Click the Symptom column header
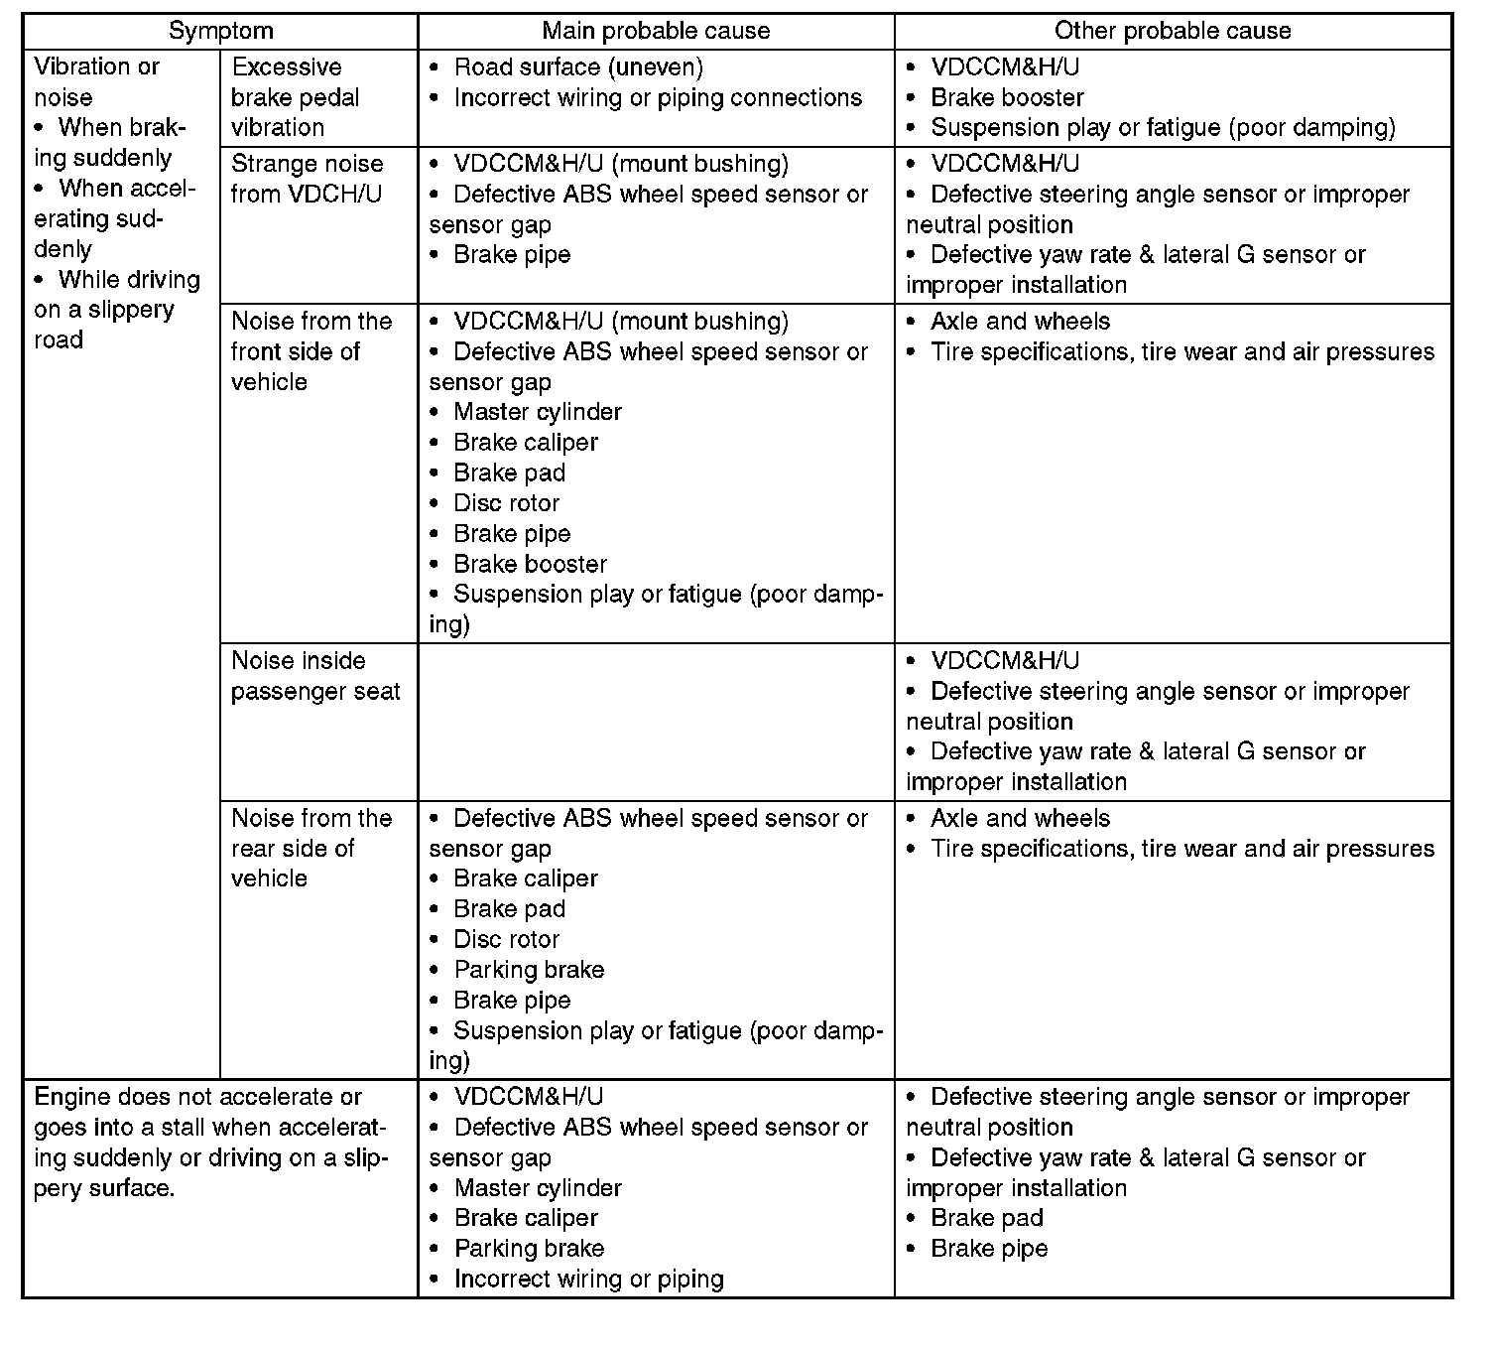220,31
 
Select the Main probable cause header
656,31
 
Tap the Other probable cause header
1173,31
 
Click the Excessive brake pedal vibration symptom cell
295,97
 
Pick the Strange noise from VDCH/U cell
307,179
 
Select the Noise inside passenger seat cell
315,676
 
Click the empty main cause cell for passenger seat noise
656,722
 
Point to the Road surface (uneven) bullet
578,67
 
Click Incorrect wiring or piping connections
658,98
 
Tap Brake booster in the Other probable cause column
1007,98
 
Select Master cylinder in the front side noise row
538,412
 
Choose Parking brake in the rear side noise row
529,970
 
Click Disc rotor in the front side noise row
506,503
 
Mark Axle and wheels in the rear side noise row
1020,819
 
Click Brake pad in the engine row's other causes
987,1218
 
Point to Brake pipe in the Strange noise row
512,255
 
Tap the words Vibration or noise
96,82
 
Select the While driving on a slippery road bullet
117,310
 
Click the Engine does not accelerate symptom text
210,1142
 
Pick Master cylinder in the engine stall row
538,1188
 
